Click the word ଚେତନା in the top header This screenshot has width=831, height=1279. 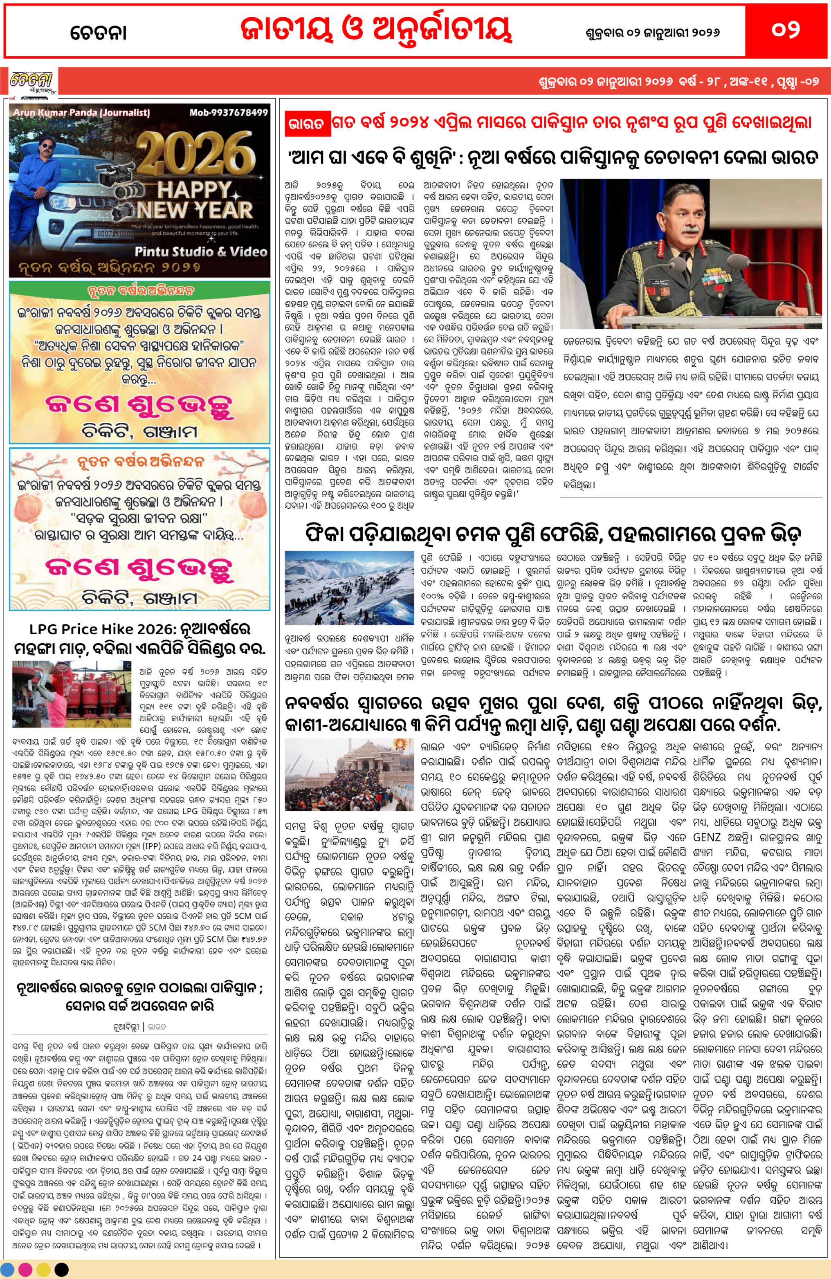click(99, 33)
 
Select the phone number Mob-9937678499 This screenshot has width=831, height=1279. click(229, 112)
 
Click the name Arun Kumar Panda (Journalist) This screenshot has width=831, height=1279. click(81, 113)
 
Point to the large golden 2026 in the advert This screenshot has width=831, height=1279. click(195, 154)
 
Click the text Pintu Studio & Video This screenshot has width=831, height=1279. click(200, 251)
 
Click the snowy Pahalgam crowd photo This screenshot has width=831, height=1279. click(349, 588)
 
